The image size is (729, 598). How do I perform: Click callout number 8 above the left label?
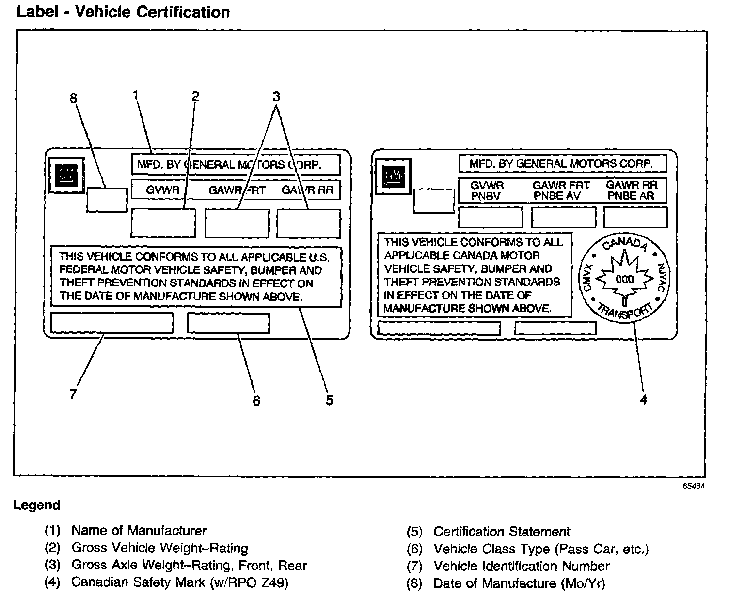click(73, 98)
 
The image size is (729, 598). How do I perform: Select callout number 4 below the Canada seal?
click(643, 400)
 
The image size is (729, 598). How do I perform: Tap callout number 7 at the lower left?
click(73, 394)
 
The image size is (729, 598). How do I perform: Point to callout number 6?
click(256, 401)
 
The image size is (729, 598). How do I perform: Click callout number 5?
click(329, 400)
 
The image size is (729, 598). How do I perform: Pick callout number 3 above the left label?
click(276, 96)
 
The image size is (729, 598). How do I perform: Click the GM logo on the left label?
click(66, 175)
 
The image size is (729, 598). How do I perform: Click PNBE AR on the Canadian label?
click(631, 196)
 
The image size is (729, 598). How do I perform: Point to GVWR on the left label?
click(162, 190)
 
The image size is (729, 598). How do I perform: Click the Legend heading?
click(36, 505)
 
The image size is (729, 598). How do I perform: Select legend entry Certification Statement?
click(502, 532)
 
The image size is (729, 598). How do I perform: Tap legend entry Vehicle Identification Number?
click(522, 566)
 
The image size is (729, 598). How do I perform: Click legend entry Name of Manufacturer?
click(139, 531)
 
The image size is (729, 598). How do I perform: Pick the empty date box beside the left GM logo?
click(107, 199)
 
